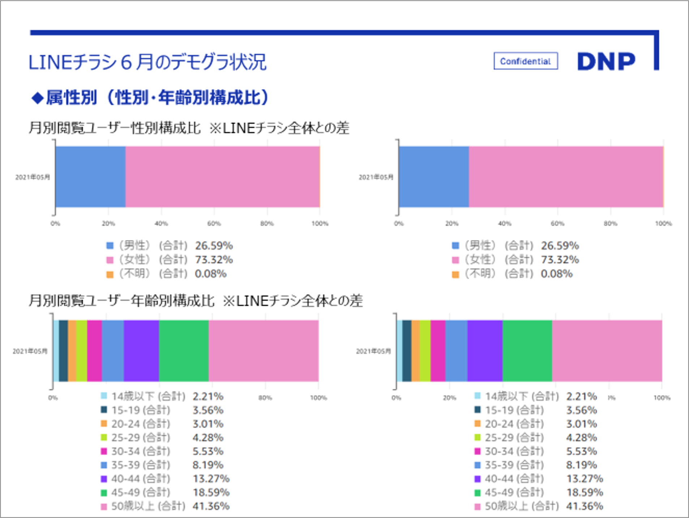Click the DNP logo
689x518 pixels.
tap(606, 61)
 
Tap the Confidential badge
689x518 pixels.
tap(525, 61)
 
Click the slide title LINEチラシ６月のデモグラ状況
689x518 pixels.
tap(147, 62)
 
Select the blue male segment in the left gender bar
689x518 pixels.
tap(90, 177)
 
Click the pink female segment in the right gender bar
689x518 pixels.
tap(566, 177)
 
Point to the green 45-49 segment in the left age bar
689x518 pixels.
tap(184, 351)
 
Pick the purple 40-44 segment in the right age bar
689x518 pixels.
tap(485, 351)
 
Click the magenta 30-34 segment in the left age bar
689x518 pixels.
tap(94, 351)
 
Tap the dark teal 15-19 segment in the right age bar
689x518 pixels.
tap(407, 351)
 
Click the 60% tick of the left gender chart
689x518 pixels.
tap(214, 223)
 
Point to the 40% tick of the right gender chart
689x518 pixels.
tap(505, 223)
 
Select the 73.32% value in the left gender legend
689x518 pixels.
tap(214, 260)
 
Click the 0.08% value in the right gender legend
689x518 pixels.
tap(556, 274)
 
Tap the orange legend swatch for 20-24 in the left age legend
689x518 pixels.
tap(104, 423)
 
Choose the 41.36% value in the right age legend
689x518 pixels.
tap(584, 506)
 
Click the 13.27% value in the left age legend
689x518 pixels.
tap(211, 479)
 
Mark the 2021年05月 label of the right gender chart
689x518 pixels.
tap(376, 177)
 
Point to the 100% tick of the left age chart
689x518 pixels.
tap(318, 398)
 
